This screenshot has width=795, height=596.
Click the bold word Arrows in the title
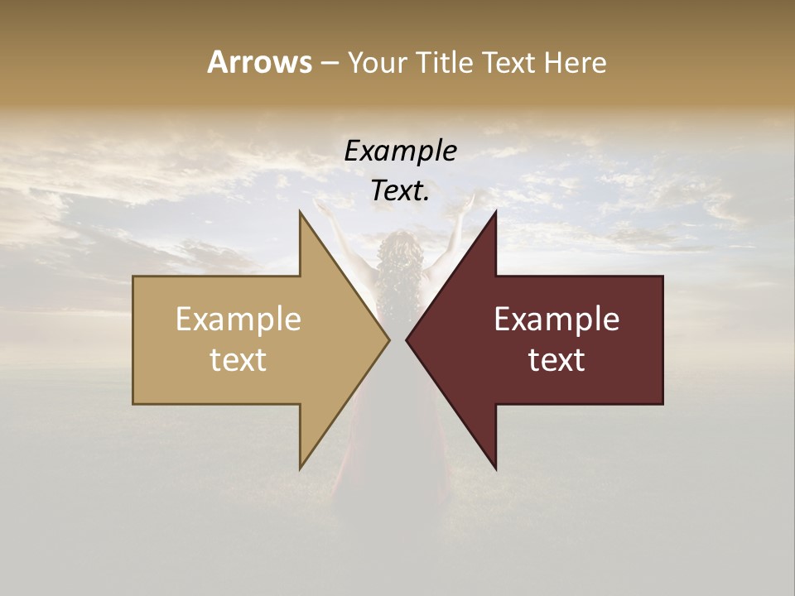click(259, 62)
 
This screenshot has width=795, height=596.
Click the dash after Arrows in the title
click(329, 63)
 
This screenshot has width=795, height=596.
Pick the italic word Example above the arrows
click(400, 151)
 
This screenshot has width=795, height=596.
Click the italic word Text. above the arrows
click(400, 190)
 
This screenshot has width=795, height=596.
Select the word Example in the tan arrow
click(238, 319)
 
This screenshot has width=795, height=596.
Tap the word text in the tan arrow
click(238, 359)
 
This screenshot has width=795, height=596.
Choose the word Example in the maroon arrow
click(556, 319)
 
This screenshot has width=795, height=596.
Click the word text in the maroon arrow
click(556, 359)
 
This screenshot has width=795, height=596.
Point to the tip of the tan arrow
click(388, 339)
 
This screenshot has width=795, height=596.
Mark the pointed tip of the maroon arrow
click(407, 339)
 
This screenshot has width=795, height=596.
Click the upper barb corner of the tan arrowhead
click(300, 212)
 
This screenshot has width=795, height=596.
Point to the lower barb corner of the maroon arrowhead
click(496, 468)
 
